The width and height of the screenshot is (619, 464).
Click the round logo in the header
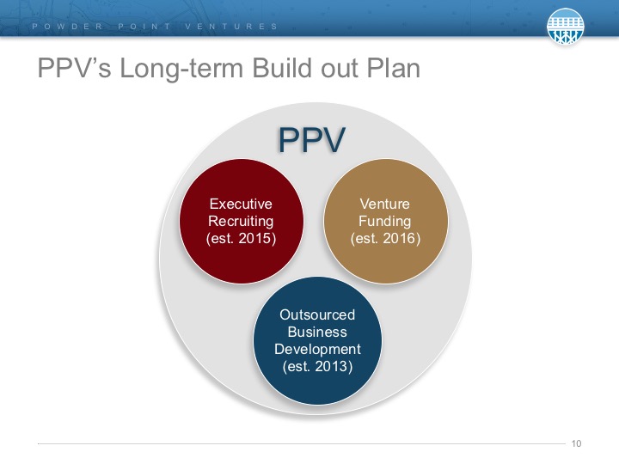(566, 26)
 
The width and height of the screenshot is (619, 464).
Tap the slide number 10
(576, 443)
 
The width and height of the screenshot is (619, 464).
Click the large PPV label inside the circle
(312, 139)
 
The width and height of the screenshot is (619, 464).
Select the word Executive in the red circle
(241, 204)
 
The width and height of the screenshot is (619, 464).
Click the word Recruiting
(241, 221)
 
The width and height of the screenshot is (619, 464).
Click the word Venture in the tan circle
(385, 204)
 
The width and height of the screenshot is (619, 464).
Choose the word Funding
(385, 221)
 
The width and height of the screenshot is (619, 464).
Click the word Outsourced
(317, 314)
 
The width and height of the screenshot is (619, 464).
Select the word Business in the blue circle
(317, 332)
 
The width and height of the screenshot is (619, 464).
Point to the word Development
(317, 349)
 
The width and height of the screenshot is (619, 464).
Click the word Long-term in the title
(181, 68)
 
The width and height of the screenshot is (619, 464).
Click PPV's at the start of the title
(75, 68)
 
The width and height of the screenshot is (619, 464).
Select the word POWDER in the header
(68, 27)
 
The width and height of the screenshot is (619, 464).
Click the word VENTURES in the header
(231, 27)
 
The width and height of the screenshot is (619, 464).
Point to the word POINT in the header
(144, 27)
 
